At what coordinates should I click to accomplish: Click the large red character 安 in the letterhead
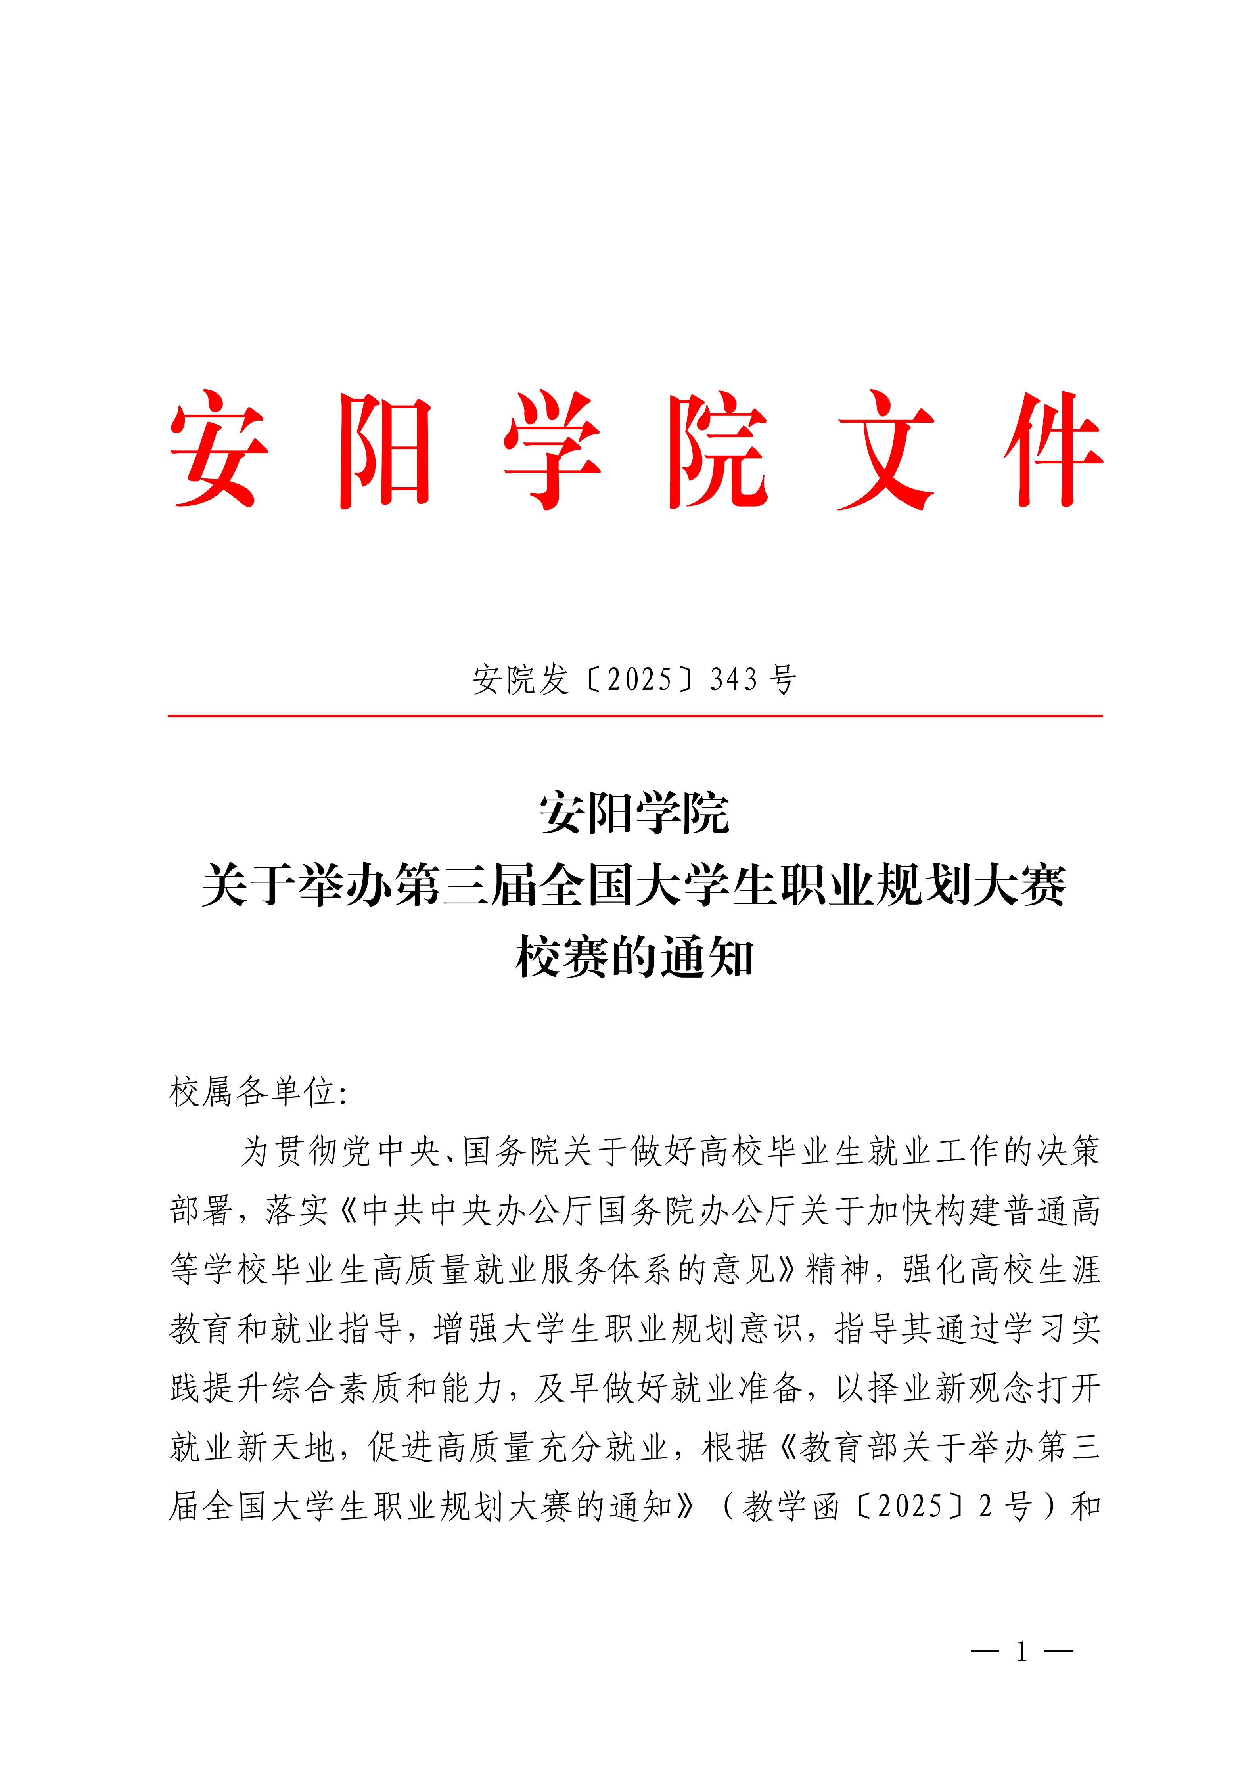(x=219, y=450)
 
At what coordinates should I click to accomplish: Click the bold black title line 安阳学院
(x=634, y=814)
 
